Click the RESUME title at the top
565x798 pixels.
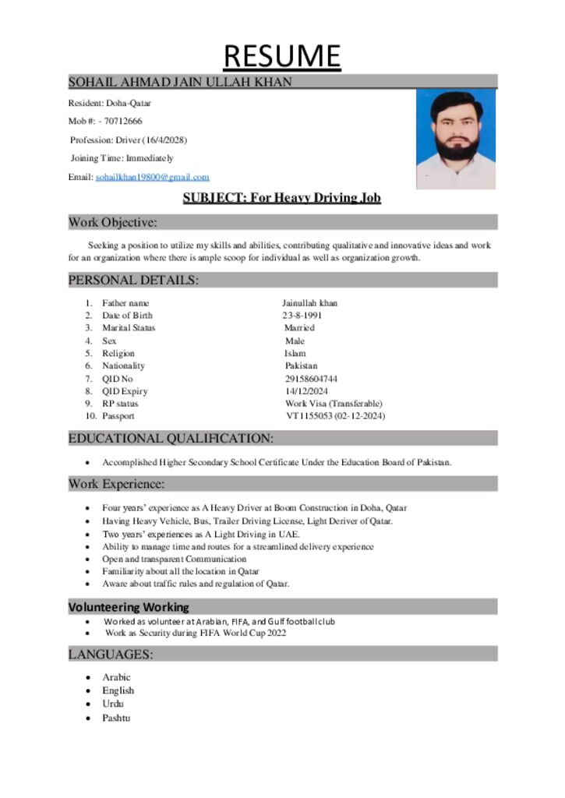click(x=282, y=55)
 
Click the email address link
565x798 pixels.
click(x=152, y=178)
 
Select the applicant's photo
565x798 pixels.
click(x=456, y=139)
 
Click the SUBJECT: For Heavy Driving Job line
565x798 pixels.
click(x=281, y=198)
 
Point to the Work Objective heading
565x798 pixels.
click(x=113, y=223)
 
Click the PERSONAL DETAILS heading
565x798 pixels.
click(x=133, y=280)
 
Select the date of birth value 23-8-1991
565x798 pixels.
click(x=302, y=316)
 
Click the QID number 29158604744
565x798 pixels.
click(x=311, y=379)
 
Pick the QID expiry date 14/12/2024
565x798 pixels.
click(x=306, y=391)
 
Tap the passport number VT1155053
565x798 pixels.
click(x=309, y=416)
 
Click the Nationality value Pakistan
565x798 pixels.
click(x=301, y=365)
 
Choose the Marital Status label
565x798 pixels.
click(x=129, y=328)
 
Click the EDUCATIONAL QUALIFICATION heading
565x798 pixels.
click(x=171, y=438)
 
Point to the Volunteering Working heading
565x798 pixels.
click(x=129, y=606)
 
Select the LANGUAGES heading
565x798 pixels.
click(x=110, y=655)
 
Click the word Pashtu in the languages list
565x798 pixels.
click(x=116, y=717)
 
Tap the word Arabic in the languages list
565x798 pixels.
click(x=116, y=677)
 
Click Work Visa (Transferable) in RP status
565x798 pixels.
click(x=334, y=404)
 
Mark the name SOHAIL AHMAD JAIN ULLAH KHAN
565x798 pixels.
click(x=180, y=81)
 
